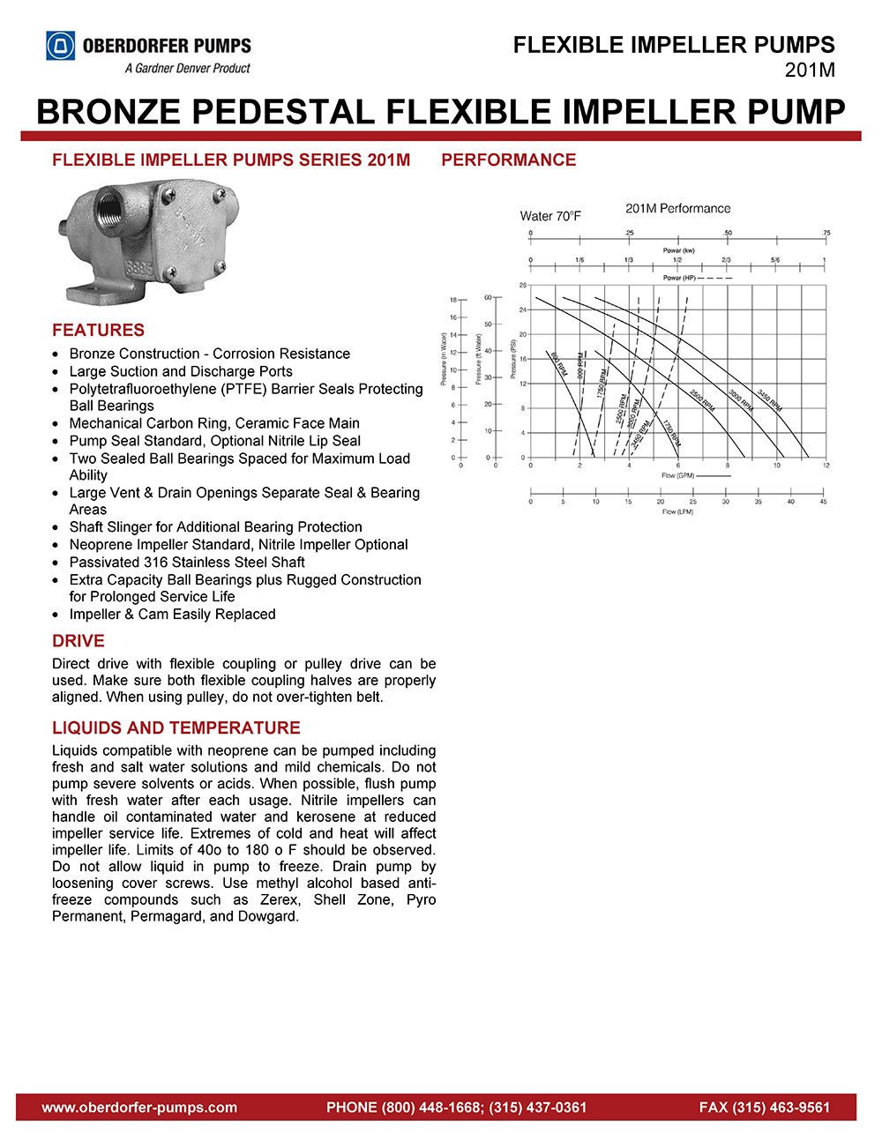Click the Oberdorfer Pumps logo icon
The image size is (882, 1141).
tap(61, 46)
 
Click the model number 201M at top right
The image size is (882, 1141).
tap(809, 71)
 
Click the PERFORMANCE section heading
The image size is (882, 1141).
tap(508, 160)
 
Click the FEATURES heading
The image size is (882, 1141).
tap(98, 330)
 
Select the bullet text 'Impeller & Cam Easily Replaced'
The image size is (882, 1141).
tap(172, 615)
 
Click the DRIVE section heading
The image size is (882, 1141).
tap(78, 641)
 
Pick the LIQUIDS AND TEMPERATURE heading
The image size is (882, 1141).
tap(176, 727)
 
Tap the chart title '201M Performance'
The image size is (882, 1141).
tap(677, 209)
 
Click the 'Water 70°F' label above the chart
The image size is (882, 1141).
tap(550, 216)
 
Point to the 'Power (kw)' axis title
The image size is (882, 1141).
tap(678, 250)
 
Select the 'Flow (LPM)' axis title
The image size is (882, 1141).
tap(677, 511)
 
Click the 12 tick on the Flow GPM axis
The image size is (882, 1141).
tap(826, 466)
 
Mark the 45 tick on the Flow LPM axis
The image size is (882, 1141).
tap(824, 502)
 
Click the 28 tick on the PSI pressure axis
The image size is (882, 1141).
tap(523, 286)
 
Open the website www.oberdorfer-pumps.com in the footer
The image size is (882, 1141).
tap(139, 1107)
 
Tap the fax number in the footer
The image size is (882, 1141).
tap(764, 1107)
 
